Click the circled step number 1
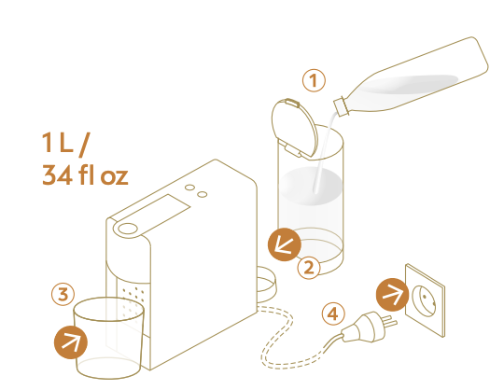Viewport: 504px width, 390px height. [x=314, y=80]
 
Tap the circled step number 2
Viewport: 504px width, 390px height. [x=309, y=267]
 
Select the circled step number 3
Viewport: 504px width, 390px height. [x=63, y=294]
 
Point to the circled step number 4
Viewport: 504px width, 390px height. [x=333, y=313]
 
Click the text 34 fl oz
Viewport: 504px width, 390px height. [x=85, y=175]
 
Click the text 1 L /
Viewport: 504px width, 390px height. [x=64, y=145]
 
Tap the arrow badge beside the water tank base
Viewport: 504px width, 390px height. [x=285, y=244]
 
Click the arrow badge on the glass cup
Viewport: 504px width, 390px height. [x=71, y=342]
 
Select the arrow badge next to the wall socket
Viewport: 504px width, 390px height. [x=392, y=295]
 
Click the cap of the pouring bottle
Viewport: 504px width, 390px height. [x=341, y=105]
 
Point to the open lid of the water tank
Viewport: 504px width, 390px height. [x=294, y=128]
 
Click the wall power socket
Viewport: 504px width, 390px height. [x=425, y=300]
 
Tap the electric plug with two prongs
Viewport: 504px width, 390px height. [x=370, y=327]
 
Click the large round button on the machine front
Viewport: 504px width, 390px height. [x=128, y=229]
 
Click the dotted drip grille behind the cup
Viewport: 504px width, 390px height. [x=133, y=303]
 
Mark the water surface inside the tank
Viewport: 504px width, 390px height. [x=311, y=186]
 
